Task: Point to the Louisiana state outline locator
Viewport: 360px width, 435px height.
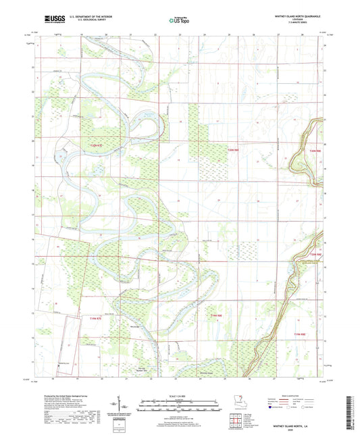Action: (x=234, y=400)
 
